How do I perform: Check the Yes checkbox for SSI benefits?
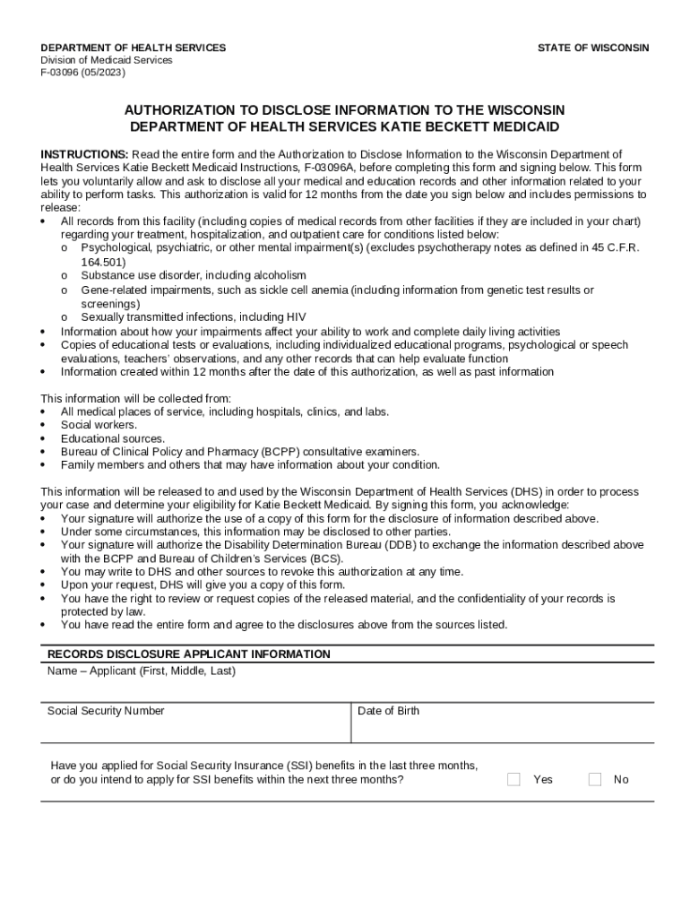[x=513, y=779]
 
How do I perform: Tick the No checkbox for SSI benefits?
[x=595, y=779]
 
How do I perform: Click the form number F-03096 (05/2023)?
[x=83, y=73]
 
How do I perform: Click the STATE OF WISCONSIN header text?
[x=593, y=48]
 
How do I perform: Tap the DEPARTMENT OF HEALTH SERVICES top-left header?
[x=134, y=48]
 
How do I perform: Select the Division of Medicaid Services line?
[x=107, y=60]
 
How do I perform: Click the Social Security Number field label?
[x=106, y=711]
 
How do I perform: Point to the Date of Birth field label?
[x=388, y=711]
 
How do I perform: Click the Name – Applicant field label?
[x=141, y=671]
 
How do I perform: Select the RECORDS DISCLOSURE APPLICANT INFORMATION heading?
[x=189, y=654]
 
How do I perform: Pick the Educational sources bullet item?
[x=113, y=438]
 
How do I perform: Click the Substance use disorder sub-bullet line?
[x=194, y=275]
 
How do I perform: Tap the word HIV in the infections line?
[x=297, y=316]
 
